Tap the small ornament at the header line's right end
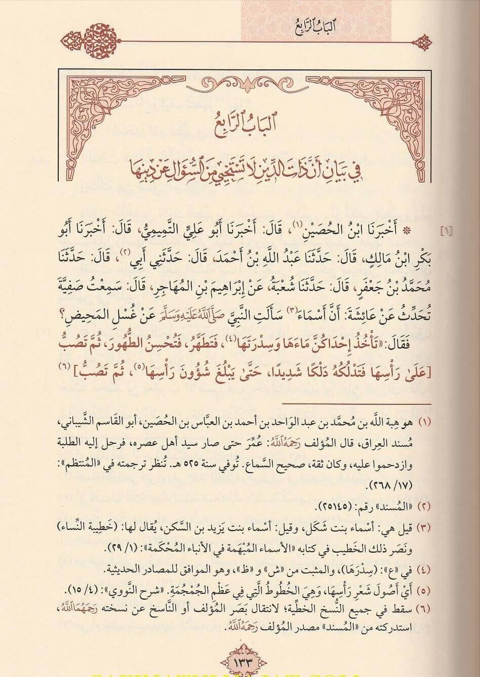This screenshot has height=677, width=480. point(422,41)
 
